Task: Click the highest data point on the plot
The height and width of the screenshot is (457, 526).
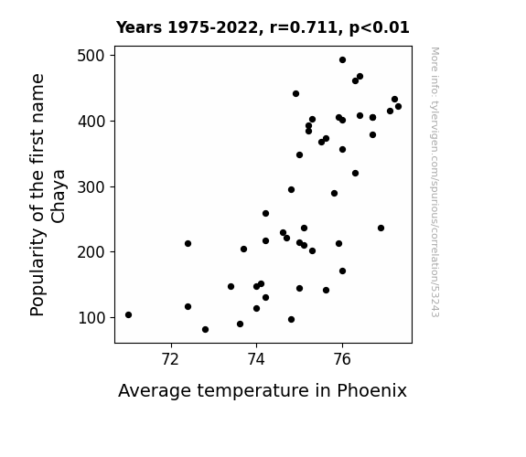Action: click(342, 60)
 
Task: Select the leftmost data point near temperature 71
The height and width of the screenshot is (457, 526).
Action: click(128, 314)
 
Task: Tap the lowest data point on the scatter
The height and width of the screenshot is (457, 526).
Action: click(205, 330)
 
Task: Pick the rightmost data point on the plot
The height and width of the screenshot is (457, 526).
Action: click(398, 107)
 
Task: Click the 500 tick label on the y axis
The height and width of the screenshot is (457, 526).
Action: click(91, 56)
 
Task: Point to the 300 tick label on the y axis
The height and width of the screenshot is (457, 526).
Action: click(91, 186)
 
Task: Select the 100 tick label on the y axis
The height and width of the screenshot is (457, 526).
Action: click(91, 318)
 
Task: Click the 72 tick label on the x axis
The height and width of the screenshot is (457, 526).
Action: click(171, 359)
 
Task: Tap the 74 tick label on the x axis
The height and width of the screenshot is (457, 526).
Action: click(256, 359)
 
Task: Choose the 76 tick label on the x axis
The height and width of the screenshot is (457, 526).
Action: click(342, 359)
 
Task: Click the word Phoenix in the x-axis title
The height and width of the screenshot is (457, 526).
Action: click(371, 390)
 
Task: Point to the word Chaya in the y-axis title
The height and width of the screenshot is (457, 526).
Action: click(59, 197)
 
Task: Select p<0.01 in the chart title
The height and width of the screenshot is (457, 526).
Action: click(379, 27)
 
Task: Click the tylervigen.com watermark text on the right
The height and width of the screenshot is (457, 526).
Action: click(435, 182)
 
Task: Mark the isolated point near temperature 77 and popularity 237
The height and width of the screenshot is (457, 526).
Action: click(381, 228)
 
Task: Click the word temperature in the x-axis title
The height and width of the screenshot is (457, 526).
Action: click(252, 391)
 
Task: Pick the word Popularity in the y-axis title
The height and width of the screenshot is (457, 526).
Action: click(37, 271)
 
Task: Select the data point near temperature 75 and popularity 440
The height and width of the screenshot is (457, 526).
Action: click(295, 93)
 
